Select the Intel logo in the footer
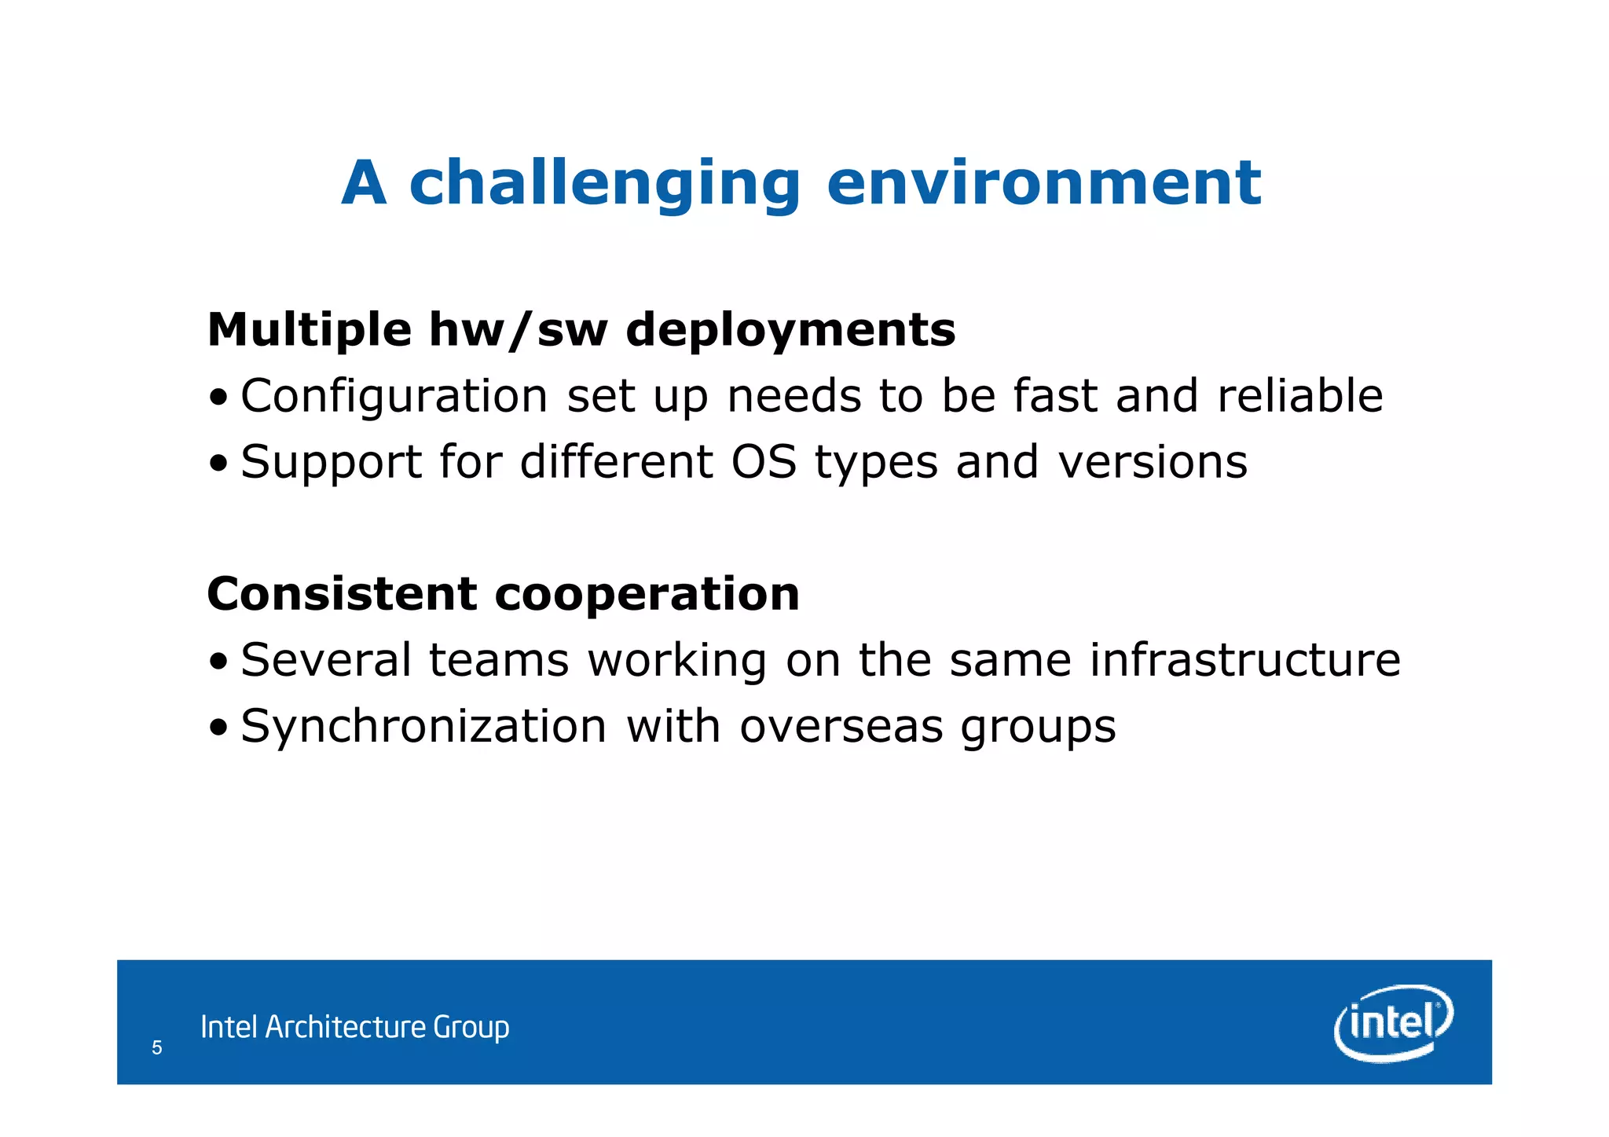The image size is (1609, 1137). pyautogui.click(x=1393, y=1022)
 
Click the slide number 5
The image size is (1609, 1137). pyautogui.click(x=157, y=1047)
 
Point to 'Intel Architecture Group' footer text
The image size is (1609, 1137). pyautogui.click(x=354, y=1027)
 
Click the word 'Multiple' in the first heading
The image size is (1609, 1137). pyautogui.click(x=309, y=330)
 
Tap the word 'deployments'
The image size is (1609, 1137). pyautogui.click(x=790, y=330)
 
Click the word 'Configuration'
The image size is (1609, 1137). pyautogui.click(x=394, y=396)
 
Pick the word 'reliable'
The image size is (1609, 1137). pyautogui.click(x=1299, y=396)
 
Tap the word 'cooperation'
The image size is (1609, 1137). pyautogui.click(x=647, y=595)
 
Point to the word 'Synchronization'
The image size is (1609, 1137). pyautogui.click(x=423, y=727)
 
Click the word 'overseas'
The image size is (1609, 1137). pyautogui.click(x=841, y=727)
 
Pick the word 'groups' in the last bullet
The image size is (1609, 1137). pyautogui.click(x=1038, y=728)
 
